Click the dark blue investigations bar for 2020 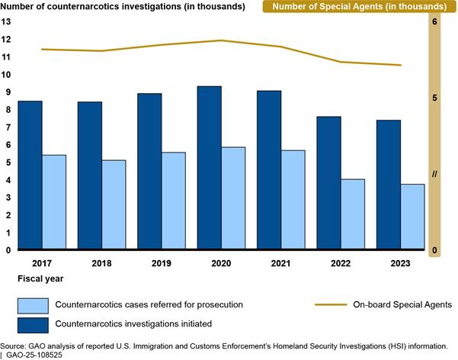pos(210,168)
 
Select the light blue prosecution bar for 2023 pos(412,217)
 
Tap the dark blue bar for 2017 pos(30,175)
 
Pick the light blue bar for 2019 pos(173,201)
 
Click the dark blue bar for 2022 pos(328,183)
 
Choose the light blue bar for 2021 pos(293,200)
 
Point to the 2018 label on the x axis pos(101,263)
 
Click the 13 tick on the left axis pos(7,22)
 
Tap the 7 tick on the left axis pos(7,127)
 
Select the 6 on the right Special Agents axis pos(434,22)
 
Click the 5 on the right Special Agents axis pos(434,98)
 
